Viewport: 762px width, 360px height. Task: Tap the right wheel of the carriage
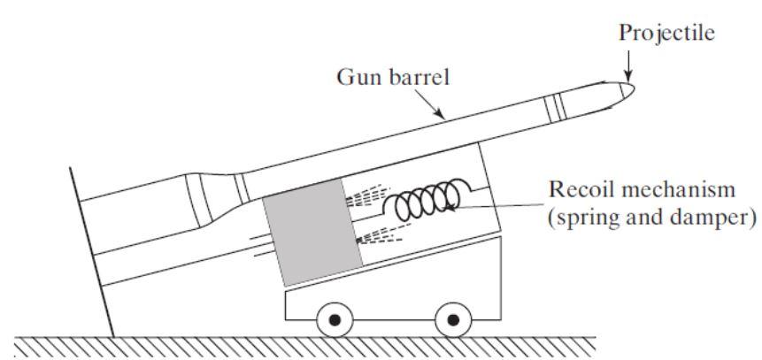[x=453, y=318]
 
